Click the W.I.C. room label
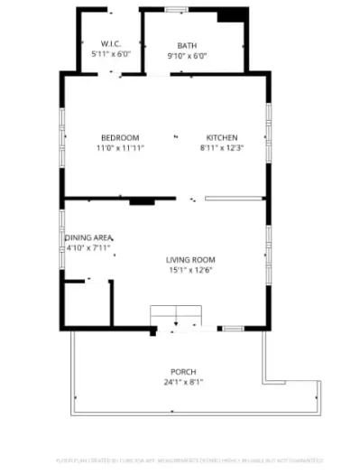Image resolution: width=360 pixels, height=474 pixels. [111, 43]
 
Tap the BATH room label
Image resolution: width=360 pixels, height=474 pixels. [187, 45]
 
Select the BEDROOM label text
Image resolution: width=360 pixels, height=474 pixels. [119, 137]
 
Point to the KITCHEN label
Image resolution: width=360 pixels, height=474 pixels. [222, 137]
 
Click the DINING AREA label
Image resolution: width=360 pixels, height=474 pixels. [88, 237]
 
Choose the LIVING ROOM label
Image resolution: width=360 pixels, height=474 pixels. [190, 260]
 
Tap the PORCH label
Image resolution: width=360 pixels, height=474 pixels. [183, 372]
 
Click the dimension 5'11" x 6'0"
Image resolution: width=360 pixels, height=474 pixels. [111, 54]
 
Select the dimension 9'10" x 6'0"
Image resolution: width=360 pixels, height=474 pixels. [187, 55]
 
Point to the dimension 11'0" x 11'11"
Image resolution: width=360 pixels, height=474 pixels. [120, 147]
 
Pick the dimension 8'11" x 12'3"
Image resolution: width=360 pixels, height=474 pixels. [222, 147]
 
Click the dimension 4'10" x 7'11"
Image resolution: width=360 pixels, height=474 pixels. [87, 247]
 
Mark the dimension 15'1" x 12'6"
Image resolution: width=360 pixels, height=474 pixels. [191, 270]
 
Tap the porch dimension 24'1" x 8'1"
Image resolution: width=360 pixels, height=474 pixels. [183, 382]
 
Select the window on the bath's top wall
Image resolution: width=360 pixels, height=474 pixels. [176, 10]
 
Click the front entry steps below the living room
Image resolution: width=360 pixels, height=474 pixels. [177, 315]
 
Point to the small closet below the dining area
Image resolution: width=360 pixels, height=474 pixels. [86, 306]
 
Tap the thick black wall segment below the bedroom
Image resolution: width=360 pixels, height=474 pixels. [140, 200]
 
